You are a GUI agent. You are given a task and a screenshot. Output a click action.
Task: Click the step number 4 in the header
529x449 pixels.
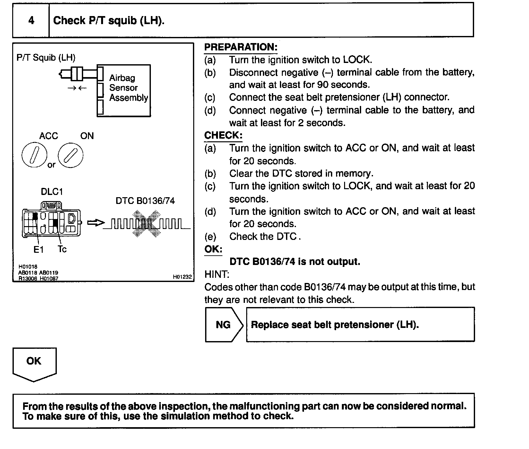31,21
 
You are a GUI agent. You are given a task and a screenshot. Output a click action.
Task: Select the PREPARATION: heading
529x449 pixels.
241,47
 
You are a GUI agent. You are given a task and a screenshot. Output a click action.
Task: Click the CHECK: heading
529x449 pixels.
223,135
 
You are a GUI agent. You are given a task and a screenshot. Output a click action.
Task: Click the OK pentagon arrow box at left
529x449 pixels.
34,363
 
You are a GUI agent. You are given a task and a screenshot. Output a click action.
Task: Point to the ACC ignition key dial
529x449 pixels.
34,155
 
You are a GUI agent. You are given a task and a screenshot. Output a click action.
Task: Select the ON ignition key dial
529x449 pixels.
71,155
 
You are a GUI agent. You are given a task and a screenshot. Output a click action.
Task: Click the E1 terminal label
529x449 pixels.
39,250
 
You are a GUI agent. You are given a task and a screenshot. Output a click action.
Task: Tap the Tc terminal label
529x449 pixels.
62,249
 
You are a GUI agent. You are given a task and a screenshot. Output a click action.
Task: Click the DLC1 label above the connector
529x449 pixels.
52,192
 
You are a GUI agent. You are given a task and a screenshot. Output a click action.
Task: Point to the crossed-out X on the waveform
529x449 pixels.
146,224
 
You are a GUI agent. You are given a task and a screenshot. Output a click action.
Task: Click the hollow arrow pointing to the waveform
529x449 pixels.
96,223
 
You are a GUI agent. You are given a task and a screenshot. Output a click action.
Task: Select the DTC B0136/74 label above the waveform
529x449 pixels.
145,201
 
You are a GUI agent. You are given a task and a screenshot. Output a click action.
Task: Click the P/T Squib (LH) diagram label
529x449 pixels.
46,58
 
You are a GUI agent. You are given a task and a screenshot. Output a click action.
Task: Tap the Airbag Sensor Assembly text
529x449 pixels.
128,88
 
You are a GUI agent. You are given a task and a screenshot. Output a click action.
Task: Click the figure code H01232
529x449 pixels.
182,277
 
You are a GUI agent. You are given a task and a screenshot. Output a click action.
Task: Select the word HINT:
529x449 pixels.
217,274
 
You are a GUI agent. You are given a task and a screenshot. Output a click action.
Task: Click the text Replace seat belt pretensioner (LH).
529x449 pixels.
335,325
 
